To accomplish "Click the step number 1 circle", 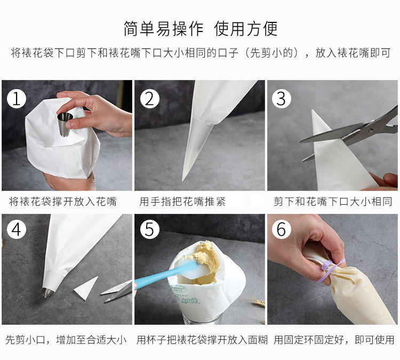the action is pos(17,99).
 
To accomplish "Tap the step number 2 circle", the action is pos(150,99).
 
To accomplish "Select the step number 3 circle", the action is pos(282,99).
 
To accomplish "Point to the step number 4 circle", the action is pos(17,229).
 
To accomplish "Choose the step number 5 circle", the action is pos(150,229).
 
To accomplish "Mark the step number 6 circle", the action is pos(282,229).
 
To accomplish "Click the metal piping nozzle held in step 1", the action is pos(65,125).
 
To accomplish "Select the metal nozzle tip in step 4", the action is pos(47,293).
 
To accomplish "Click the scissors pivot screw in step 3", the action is pos(371,130).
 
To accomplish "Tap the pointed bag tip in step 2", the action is pos(182,180).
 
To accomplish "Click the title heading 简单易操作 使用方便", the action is pos(201,29).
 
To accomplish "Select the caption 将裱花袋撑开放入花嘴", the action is pos(63,202).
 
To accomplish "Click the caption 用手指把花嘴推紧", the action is pos(182,202).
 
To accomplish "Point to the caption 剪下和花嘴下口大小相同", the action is pos(333,202).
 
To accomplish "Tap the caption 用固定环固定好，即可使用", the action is pos(334,340).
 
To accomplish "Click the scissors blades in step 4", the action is pos(117,291).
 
